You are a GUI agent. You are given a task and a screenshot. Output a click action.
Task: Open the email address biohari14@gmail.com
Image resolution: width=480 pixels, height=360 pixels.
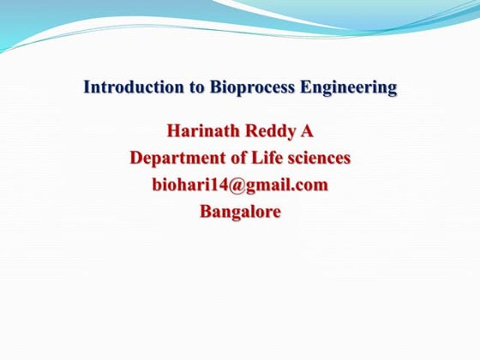240,184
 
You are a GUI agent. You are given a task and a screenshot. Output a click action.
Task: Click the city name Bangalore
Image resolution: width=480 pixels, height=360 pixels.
240,210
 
